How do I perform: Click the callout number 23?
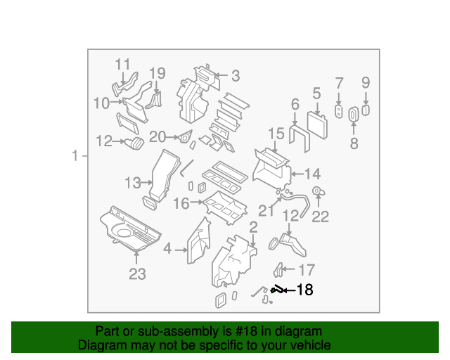136,272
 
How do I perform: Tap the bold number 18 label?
304,290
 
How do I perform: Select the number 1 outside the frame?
75,156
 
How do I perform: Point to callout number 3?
236,75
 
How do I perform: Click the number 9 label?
366,83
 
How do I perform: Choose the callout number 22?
320,217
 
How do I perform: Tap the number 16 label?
181,204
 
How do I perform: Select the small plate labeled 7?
339,112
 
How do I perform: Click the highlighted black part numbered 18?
278,289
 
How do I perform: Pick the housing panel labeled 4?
198,240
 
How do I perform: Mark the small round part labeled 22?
318,191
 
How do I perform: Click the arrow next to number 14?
296,173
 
